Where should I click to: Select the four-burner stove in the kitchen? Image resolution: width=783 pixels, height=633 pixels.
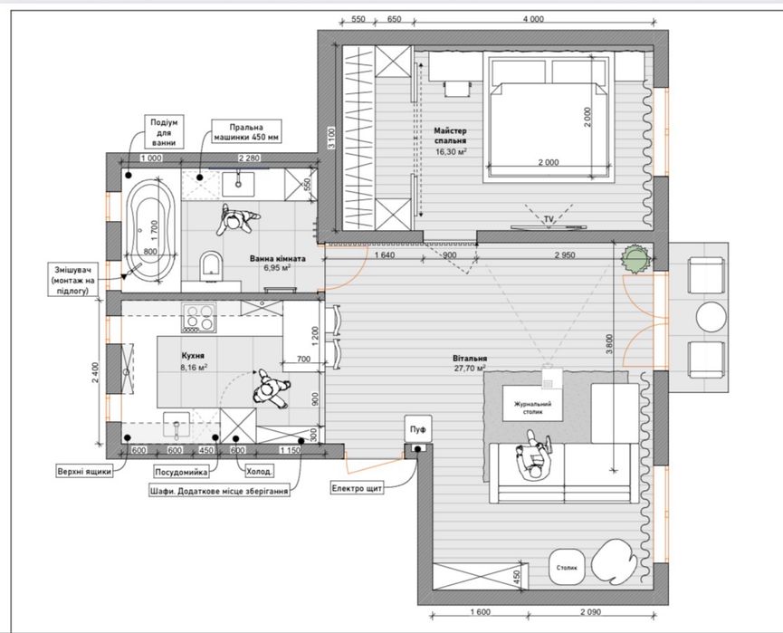[199, 318]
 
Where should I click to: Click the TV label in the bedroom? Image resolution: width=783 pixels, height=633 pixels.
[549, 219]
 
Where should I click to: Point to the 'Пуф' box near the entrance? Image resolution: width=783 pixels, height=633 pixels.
[418, 429]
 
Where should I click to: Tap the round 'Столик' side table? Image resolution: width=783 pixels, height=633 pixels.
[567, 568]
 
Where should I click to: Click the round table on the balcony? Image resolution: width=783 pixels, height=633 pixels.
[711, 317]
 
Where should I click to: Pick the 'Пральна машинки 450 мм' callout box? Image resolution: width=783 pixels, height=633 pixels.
[247, 132]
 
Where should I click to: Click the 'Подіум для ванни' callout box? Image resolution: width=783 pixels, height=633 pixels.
[164, 132]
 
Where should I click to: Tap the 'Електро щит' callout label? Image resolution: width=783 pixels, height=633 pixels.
[357, 488]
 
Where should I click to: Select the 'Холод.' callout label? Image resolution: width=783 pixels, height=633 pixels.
[260, 471]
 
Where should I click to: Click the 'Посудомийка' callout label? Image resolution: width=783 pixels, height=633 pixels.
[180, 472]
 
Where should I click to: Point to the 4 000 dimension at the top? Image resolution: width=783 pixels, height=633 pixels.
[533, 20]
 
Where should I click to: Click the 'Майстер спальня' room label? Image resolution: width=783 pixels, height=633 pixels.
[450, 136]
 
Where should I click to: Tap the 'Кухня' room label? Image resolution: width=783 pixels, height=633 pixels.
[193, 356]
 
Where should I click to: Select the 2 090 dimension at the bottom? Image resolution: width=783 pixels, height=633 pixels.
[591, 611]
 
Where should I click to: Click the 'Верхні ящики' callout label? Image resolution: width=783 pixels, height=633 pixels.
[85, 471]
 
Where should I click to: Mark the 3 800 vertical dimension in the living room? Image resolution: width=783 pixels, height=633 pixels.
[608, 344]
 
